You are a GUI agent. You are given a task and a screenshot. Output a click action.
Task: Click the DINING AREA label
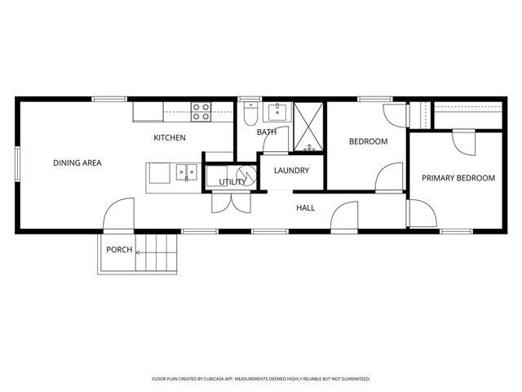(77, 163)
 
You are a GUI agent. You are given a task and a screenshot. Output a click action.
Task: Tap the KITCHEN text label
(170, 138)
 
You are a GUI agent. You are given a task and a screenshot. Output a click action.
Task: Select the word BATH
(267, 132)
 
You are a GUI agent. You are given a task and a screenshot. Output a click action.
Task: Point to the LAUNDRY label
(291, 171)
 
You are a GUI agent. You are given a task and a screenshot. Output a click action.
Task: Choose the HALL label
(306, 208)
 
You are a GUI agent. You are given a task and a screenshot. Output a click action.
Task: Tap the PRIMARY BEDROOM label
(458, 178)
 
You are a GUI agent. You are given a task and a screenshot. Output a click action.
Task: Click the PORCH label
(119, 249)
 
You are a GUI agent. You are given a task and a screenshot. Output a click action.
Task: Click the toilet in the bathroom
(250, 115)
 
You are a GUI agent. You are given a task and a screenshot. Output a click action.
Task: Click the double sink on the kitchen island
(187, 172)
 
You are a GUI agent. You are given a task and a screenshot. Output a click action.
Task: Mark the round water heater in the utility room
(243, 176)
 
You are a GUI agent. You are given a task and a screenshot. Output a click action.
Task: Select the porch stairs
(157, 252)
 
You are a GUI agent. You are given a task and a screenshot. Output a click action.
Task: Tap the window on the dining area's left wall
(16, 163)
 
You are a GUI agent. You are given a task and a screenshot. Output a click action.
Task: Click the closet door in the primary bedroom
(463, 144)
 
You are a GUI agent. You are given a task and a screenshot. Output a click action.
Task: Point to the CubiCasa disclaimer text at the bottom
(261, 379)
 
